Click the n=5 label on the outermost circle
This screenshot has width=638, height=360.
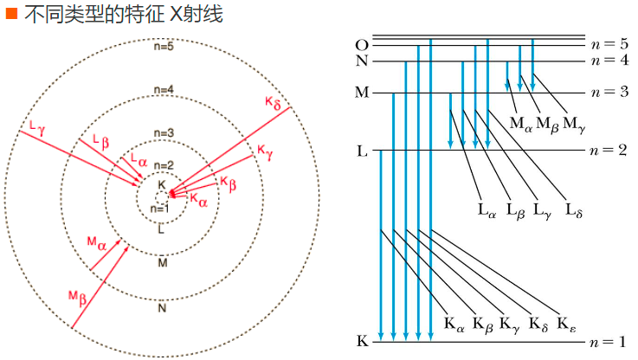[162, 46]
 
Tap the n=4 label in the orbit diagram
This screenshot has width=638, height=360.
[162, 90]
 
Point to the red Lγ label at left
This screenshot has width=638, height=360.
[36, 127]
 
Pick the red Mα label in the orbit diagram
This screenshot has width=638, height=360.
[96, 242]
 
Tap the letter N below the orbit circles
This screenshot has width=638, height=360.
[162, 307]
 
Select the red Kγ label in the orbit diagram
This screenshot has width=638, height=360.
[265, 152]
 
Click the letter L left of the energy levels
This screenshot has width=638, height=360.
[362, 151]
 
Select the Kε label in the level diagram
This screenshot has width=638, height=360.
[570, 325]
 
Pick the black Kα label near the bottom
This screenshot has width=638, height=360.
[454, 325]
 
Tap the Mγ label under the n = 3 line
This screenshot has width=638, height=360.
[573, 124]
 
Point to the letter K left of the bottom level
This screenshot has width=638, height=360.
[362, 341]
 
